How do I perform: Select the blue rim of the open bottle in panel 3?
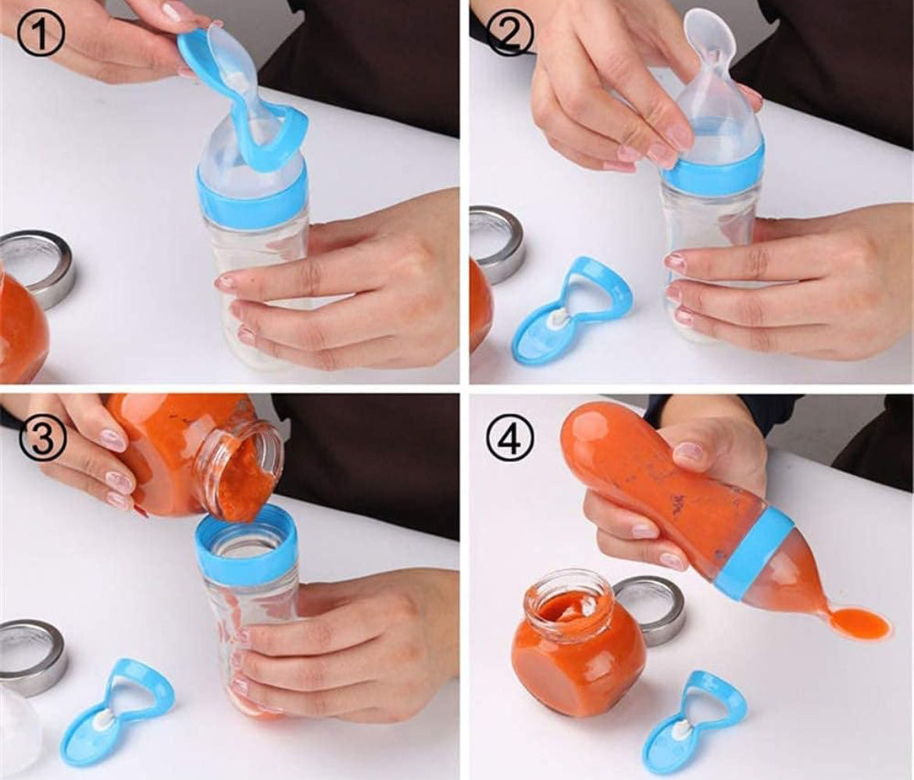(247, 545)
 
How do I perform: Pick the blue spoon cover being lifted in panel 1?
(238, 104)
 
